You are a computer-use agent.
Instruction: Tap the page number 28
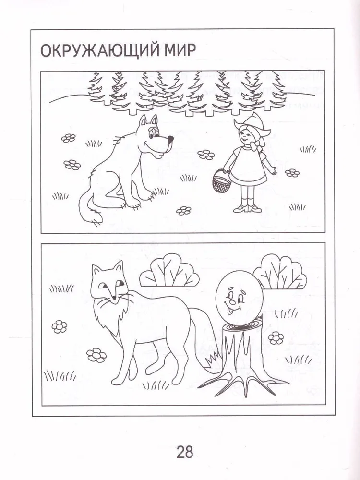click(185, 452)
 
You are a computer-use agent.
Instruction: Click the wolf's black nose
click(170, 139)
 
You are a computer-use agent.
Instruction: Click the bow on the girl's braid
click(257, 144)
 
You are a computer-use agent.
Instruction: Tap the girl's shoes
click(247, 209)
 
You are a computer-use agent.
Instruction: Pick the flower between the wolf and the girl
click(206, 155)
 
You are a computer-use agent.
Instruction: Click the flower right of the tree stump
click(276, 337)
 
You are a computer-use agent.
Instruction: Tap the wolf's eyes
click(152, 132)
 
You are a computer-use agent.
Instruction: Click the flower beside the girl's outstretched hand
click(292, 173)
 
